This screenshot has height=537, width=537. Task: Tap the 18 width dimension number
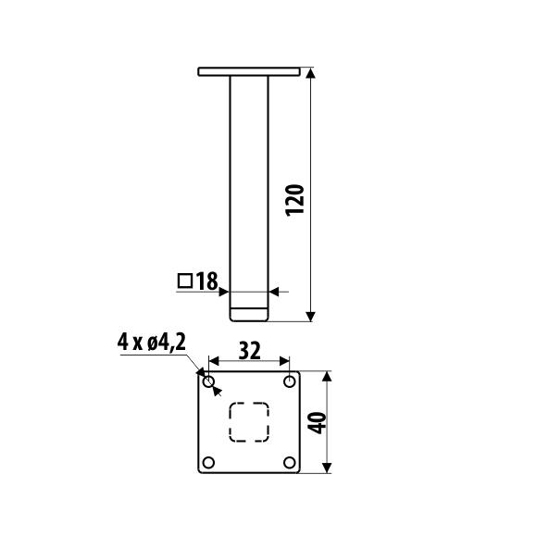(x=206, y=281)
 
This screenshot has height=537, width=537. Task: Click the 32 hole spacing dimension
(x=249, y=350)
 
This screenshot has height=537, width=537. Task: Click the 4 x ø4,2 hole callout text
(x=152, y=343)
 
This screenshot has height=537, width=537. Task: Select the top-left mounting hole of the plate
(x=208, y=381)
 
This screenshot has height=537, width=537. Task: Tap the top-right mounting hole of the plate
(x=289, y=381)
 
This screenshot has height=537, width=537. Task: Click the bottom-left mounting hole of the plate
(x=208, y=462)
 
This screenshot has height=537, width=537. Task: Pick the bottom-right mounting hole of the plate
(x=289, y=462)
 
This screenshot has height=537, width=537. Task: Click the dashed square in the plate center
(x=249, y=422)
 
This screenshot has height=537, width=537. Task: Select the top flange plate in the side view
(x=249, y=70)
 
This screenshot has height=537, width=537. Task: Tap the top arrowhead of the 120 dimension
(x=311, y=73)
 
